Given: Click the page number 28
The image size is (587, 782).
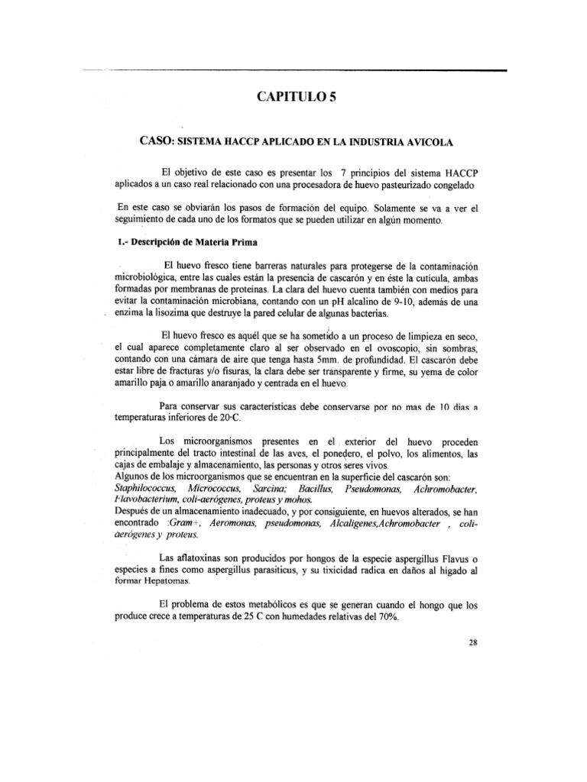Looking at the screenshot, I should click(x=472, y=642).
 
